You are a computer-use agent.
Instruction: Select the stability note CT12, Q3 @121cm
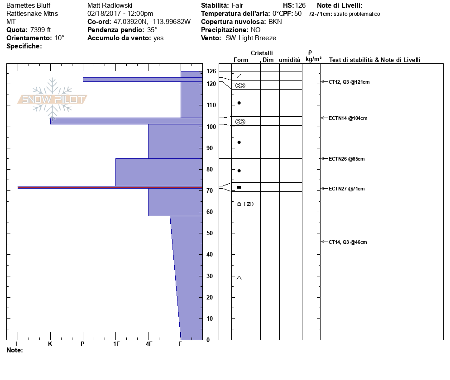349,82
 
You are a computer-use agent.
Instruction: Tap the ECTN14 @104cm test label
348,118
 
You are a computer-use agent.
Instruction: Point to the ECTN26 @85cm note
346,159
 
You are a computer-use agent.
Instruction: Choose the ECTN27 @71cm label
346,189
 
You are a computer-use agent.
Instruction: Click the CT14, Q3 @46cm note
348,242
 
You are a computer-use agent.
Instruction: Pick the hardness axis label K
50,344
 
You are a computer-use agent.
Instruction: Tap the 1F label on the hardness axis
116,344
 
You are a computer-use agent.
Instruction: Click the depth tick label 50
210,233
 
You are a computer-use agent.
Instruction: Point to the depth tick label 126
211,71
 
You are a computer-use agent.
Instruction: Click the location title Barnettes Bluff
28,5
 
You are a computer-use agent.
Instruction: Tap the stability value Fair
237,5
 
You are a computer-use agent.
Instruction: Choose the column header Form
241,60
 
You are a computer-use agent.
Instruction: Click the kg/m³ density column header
313,59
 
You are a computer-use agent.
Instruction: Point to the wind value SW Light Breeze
250,38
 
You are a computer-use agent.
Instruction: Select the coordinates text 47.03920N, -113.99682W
152,22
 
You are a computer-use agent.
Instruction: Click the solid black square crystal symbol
239,187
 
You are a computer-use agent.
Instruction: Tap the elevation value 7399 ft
40,30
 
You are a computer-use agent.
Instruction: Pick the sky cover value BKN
275,22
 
